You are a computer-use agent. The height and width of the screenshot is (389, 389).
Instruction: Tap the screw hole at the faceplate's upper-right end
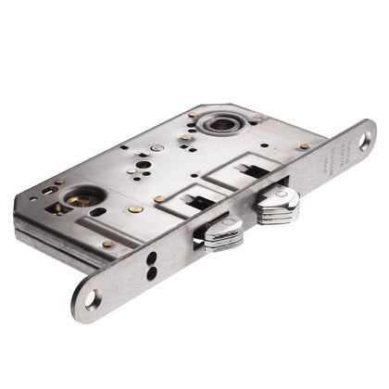pos(365,139)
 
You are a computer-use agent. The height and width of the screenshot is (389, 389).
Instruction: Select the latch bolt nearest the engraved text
pos(277,207)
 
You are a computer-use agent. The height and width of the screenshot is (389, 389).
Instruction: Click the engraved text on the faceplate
pos(334,163)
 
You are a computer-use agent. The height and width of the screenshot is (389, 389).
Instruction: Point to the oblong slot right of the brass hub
pos(98,213)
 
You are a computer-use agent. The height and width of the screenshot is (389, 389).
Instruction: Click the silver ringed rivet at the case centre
pos(157,148)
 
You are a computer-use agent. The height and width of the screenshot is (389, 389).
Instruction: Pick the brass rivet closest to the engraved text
pos(305,145)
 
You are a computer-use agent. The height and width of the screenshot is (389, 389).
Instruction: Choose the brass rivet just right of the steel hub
pos(261,119)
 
